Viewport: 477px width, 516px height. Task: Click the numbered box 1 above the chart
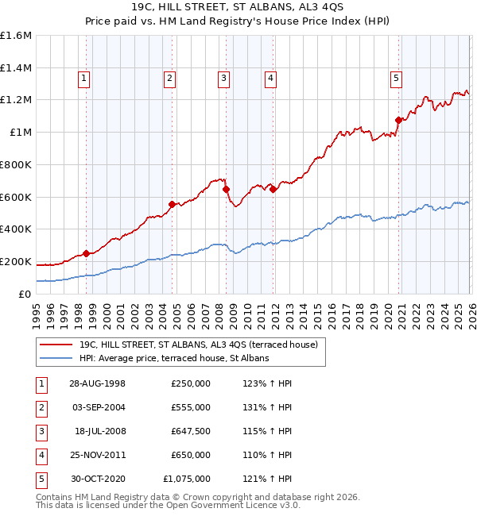pos(84,78)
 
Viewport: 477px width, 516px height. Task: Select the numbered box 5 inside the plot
pos(396,78)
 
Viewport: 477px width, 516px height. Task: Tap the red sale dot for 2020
pos(398,121)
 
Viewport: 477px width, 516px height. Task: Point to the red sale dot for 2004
pos(172,204)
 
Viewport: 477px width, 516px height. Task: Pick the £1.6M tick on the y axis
pos(16,36)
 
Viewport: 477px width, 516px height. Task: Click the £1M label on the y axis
pos(20,133)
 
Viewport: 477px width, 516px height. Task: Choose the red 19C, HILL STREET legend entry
pos(198,345)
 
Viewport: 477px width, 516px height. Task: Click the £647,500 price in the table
pos(191,433)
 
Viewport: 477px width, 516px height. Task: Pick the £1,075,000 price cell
pos(187,479)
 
